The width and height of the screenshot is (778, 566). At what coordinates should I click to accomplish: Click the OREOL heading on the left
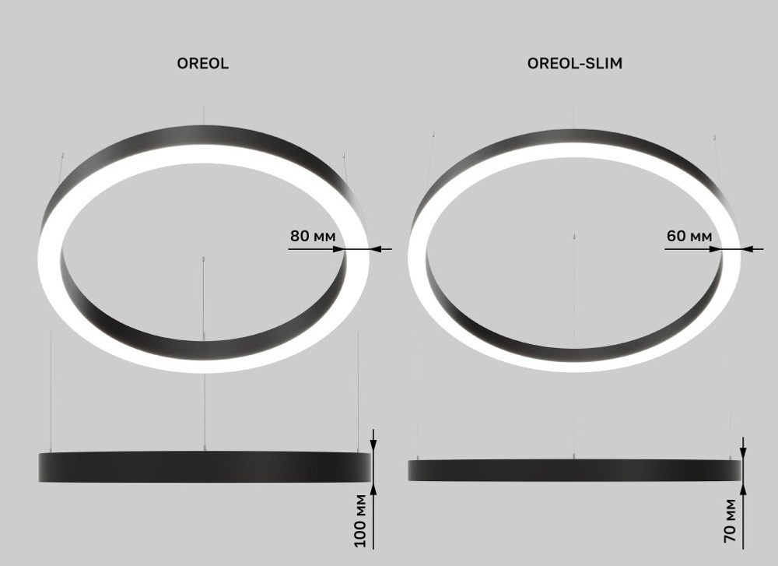(x=203, y=65)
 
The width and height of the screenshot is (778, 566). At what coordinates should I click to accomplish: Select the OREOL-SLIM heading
(x=574, y=65)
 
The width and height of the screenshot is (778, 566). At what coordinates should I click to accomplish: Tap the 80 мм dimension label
(x=311, y=235)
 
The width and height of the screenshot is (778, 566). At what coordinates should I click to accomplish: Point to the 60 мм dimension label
(x=689, y=235)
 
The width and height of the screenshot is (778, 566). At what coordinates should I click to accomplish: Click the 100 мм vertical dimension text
(x=360, y=520)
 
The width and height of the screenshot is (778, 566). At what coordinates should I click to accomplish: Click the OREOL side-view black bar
(x=205, y=466)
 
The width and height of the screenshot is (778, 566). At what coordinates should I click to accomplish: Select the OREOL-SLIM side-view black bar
(x=574, y=469)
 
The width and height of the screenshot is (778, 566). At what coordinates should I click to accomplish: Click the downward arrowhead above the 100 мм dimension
(x=373, y=445)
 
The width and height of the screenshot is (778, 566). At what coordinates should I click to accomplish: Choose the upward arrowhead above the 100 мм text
(x=373, y=488)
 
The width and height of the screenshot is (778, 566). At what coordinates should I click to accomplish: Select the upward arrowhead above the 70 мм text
(x=745, y=487)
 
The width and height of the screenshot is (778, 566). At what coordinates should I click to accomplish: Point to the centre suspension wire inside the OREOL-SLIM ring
(x=574, y=280)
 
